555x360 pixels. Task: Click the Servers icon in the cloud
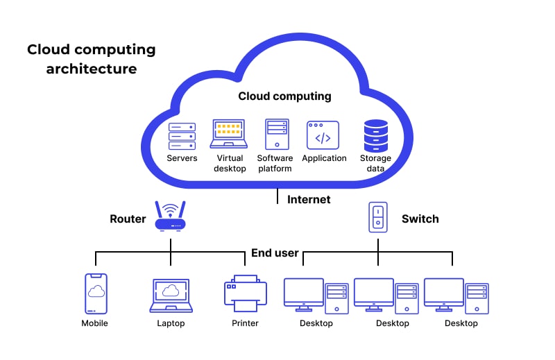(x=182, y=136)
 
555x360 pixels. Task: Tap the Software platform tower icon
(x=275, y=134)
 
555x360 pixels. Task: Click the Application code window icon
(x=323, y=135)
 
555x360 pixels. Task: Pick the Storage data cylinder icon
(x=375, y=136)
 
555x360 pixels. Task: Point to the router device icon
(x=170, y=216)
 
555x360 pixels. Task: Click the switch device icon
(x=378, y=218)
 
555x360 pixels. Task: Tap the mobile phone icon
(x=96, y=293)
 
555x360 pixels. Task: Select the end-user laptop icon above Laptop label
(x=170, y=295)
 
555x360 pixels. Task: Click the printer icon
(x=245, y=293)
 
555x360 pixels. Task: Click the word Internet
(x=309, y=200)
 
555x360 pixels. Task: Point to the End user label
(x=275, y=253)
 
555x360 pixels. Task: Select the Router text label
(x=128, y=219)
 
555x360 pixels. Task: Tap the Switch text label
(x=420, y=219)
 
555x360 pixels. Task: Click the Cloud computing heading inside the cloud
(x=284, y=96)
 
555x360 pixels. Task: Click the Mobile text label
(x=95, y=323)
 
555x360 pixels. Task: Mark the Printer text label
(x=245, y=323)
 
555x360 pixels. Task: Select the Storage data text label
(x=375, y=163)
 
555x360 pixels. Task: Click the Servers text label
(x=182, y=158)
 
